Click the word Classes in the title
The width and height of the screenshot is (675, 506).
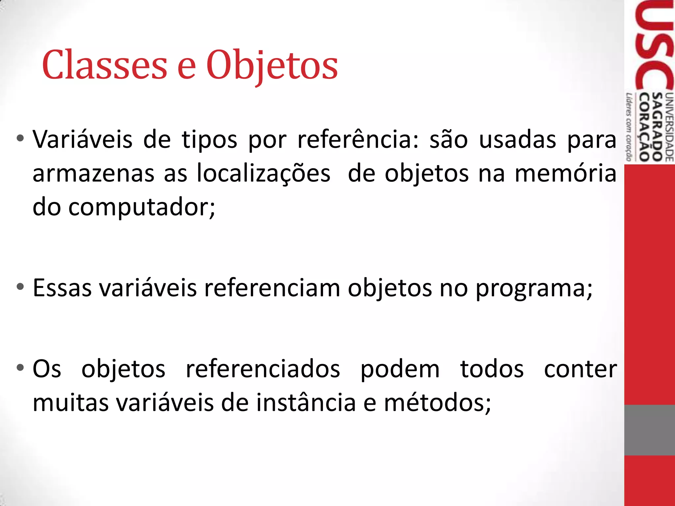click(104, 65)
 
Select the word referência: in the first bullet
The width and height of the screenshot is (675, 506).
click(358, 140)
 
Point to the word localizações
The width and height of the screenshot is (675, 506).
click(263, 174)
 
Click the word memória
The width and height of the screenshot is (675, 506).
click(565, 174)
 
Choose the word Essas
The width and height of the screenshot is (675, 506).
click(62, 288)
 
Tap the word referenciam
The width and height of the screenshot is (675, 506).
click(272, 288)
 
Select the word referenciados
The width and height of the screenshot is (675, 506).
click(263, 369)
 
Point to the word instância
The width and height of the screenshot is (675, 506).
click(306, 403)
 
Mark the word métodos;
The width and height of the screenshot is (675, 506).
click(437, 403)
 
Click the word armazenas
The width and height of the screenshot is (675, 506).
click(93, 174)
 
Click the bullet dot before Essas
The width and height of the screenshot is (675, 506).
click(20, 286)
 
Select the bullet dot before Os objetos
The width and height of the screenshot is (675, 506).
click(20, 367)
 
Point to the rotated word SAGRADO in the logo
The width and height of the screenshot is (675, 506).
click(657, 127)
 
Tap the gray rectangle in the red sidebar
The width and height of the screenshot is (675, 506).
click(649, 430)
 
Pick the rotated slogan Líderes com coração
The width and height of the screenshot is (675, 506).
click(629, 127)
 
